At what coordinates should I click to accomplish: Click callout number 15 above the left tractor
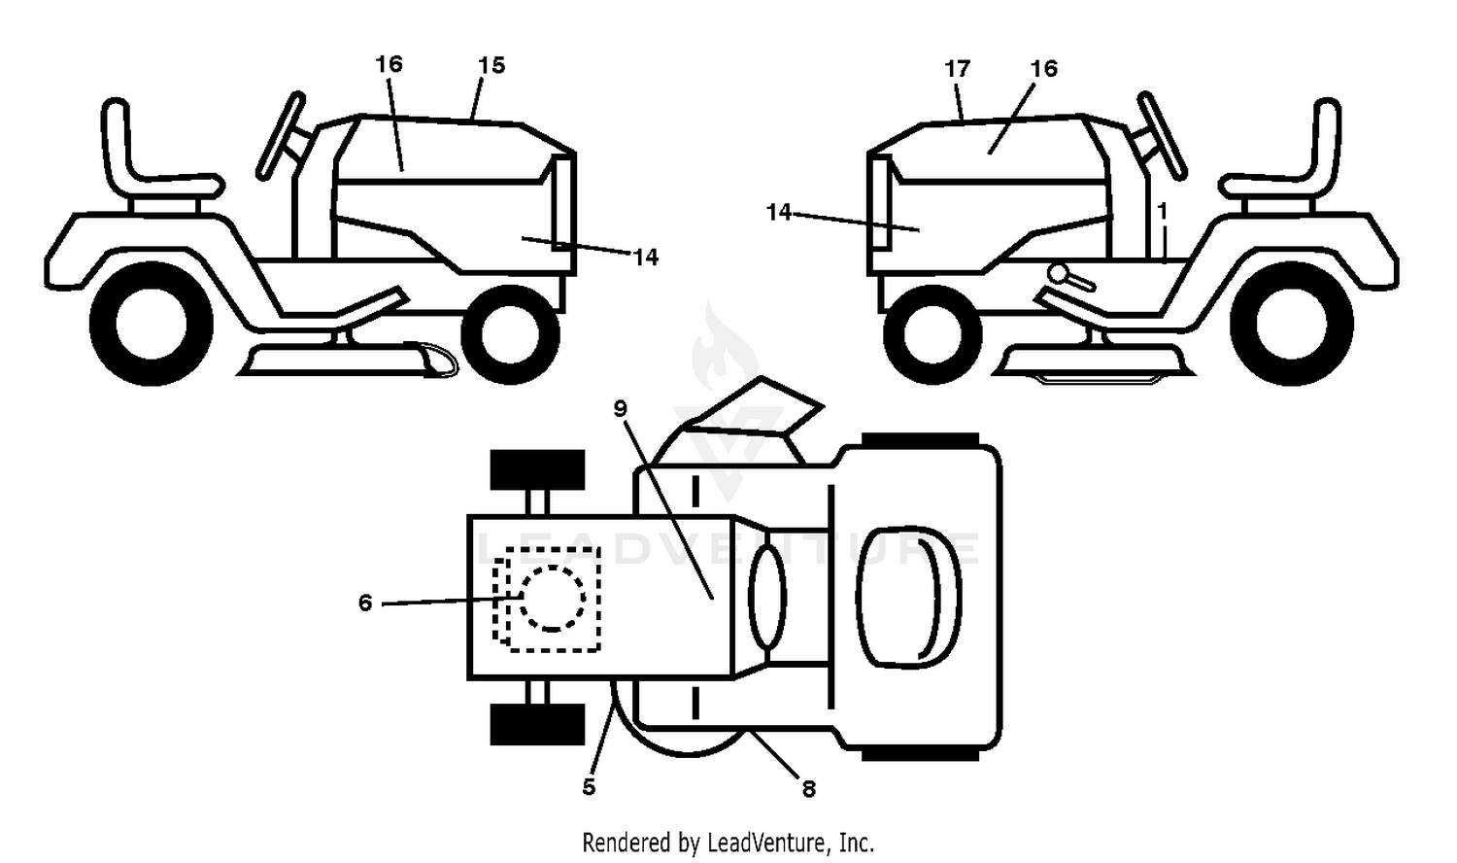[x=491, y=65]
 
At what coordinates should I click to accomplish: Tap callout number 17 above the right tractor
[x=957, y=68]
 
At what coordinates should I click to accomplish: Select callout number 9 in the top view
[x=620, y=409]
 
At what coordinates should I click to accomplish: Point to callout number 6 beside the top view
[x=365, y=603]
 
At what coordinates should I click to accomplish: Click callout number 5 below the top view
[x=589, y=787]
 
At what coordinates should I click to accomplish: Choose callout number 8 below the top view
[x=808, y=789]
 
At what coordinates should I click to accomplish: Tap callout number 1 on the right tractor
[x=1163, y=211]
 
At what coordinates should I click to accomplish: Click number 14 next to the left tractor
[x=645, y=258]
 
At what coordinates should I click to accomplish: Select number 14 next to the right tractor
[x=779, y=212]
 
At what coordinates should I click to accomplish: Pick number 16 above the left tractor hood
[x=389, y=64]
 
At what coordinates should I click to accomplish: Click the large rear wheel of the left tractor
[x=152, y=324]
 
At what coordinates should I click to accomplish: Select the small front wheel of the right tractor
[x=932, y=334]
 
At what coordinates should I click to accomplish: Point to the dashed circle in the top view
[x=553, y=598]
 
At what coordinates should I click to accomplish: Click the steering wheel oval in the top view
[x=767, y=598]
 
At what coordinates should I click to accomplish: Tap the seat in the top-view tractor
[x=908, y=597]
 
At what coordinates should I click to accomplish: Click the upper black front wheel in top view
[x=537, y=469]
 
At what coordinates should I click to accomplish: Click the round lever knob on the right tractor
[x=1060, y=274]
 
